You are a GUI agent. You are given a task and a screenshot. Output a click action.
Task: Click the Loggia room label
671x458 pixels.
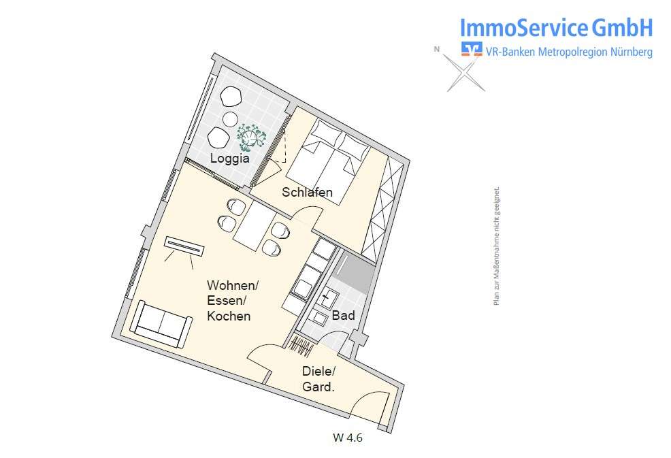pos(229,159)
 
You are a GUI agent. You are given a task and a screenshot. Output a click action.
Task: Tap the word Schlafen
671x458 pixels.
pos(308,193)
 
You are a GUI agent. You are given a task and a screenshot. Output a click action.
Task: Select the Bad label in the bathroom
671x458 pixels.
pos(343,316)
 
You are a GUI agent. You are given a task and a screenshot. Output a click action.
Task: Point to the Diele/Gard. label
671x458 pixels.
pos(318,379)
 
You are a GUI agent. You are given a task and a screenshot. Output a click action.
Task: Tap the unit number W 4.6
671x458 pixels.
pos(347,438)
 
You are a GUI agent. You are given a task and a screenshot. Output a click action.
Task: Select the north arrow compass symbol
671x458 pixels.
pos(465,71)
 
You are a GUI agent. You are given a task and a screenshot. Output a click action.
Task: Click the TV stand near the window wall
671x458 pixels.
pos(184,246)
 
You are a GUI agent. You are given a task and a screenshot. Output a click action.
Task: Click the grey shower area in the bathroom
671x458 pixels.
pos(355,272)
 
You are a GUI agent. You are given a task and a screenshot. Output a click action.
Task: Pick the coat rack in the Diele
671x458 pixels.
pos(301,344)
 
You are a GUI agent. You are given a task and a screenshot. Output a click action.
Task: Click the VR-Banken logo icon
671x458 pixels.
pos(471,50)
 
